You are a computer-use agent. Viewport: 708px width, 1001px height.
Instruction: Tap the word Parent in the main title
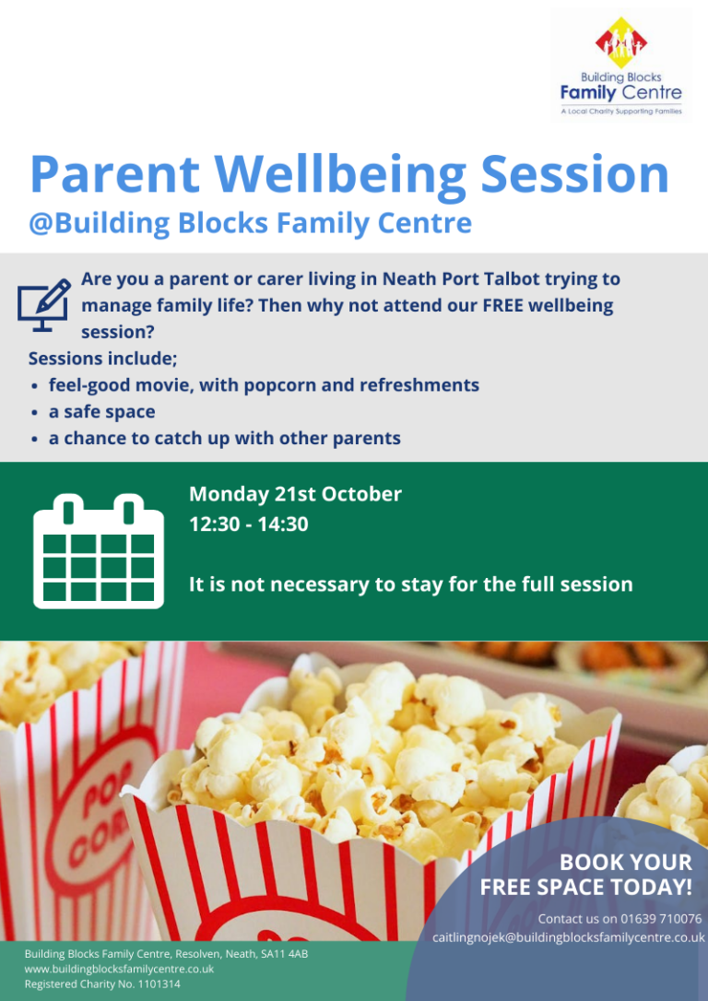pyautogui.click(x=119, y=174)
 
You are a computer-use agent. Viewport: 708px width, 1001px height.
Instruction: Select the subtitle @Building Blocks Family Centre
pyautogui.click(x=250, y=224)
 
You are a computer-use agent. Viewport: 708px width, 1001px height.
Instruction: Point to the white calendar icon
pyautogui.click(x=98, y=550)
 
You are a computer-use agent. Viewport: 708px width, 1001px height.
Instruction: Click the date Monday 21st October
pyautogui.click(x=295, y=494)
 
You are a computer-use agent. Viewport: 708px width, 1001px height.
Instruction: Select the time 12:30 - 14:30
pyautogui.click(x=248, y=524)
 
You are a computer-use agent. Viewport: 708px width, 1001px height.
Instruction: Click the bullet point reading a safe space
pyautogui.click(x=101, y=412)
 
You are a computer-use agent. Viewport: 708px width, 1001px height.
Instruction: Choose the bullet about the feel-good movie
pyautogui.click(x=264, y=385)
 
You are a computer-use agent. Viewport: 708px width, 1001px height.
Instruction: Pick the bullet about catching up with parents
pyautogui.click(x=224, y=439)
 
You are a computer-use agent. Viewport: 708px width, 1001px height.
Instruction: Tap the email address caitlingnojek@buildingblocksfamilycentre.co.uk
pyautogui.click(x=569, y=937)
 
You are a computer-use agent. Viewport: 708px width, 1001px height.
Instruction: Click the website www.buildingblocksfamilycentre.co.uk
pyautogui.click(x=120, y=969)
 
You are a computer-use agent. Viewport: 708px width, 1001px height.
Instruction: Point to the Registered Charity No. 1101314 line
pyautogui.click(x=102, y=984)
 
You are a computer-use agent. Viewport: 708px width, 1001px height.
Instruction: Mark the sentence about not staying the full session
pyautogui.click(x=410, y=584)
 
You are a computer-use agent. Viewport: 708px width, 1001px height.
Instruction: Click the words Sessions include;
pyautogui.click(x=102, y=358)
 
